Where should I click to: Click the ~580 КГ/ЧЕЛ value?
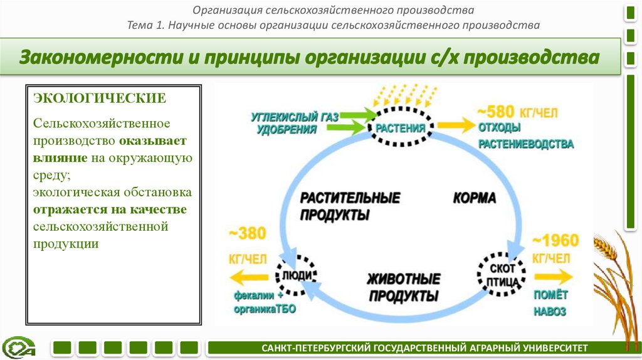pyautogui.click(x=517, y=113)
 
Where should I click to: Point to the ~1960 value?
pyautogui.click(x=555, y=241)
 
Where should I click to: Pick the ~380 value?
pyautogui.click(x=247, y=234)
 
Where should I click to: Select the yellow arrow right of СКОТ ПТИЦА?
pyautogui.click(x=553, y=276)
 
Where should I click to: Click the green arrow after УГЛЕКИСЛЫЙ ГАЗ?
pyautogui.click(x=357, y=115)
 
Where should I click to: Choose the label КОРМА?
pyautogui.click(x=474, y=198)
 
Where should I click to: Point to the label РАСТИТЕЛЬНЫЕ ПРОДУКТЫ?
pyautogui.click(x=350, y=206)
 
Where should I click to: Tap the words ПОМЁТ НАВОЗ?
pyautogui.click(x=550, y=303)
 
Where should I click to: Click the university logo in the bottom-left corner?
pyautogui.click(x=19, y=347)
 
